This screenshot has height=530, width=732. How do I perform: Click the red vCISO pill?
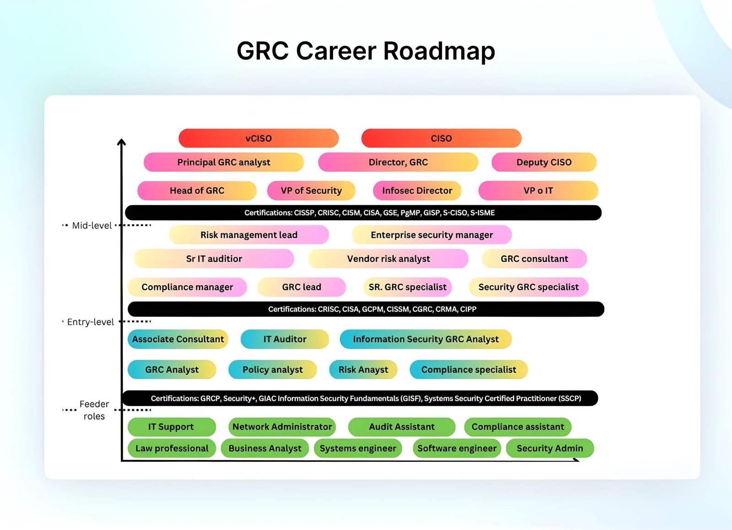[258, 138]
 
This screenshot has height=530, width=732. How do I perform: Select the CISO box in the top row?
[441, 138]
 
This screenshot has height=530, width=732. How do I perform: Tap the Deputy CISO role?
[544, 162]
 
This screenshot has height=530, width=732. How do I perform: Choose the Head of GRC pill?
[197, 190]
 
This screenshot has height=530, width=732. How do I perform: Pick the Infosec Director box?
[417, 190]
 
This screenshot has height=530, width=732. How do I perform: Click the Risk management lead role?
[249, 235]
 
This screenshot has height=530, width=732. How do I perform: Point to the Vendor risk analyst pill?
[388, 259]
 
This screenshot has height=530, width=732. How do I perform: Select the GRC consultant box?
[534, 259]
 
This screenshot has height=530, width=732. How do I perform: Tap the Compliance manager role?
[187, 287]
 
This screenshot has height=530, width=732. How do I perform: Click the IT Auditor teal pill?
[285, 339]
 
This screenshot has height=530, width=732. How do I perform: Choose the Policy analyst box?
[273, 369]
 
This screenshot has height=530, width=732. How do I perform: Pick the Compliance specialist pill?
[468, 369]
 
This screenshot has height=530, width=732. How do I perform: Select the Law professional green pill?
[172, 448]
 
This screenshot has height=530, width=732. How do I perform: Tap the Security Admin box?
[550, 448]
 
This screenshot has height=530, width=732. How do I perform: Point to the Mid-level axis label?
[92, 226]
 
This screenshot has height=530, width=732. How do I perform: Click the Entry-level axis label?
[91, 322]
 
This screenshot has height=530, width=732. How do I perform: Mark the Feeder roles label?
[94, 410]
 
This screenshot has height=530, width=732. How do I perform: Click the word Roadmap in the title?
[439, 51]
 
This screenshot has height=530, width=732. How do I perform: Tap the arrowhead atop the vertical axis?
[122, 142]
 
